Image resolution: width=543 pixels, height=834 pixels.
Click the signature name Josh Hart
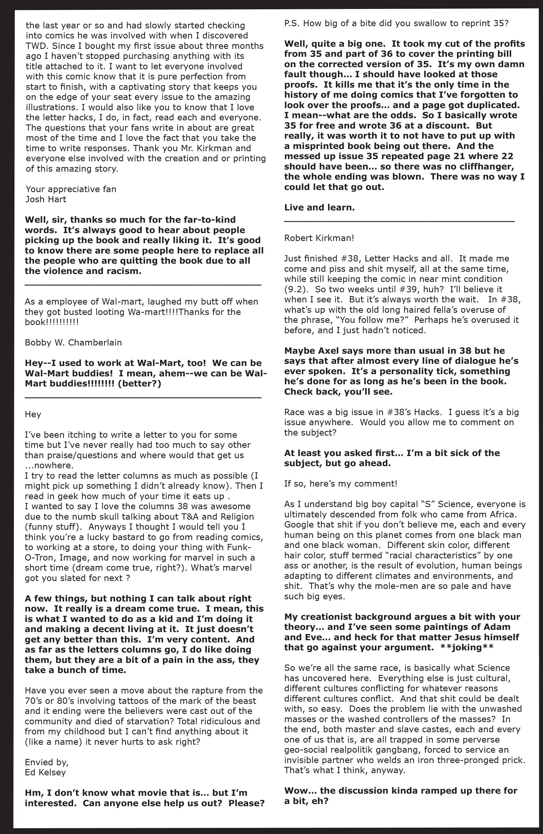coord(46,199)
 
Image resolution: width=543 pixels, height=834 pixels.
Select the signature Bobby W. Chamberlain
coord(73,342)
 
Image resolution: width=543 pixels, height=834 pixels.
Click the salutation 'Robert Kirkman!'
coord(319,238)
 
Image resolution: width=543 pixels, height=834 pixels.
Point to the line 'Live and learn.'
coord(319,207)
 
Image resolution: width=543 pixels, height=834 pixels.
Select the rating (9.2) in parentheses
coord(294,290)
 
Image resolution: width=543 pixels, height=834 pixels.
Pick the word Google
coord(298,525)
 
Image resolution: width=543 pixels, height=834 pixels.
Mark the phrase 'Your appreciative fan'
coord(70,189)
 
